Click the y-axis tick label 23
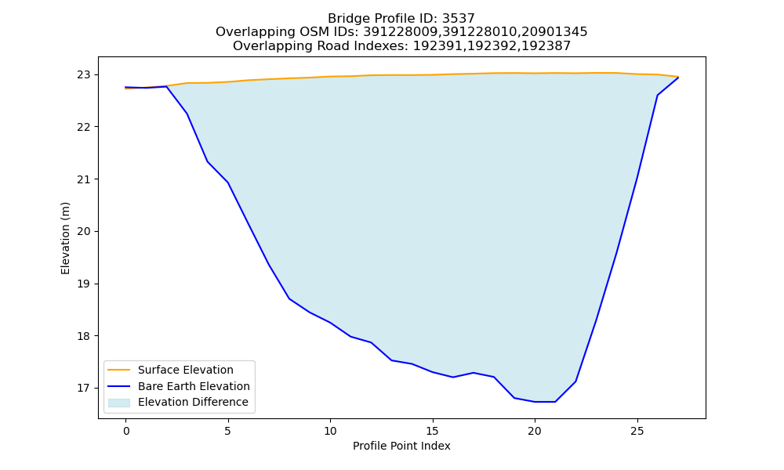point(84,75)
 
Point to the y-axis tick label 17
point(84,388)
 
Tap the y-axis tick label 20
point(84,231)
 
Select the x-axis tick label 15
point(433,431)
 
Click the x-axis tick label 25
point(637,431)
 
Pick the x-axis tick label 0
point(126,431)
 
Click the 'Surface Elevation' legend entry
point(186,370)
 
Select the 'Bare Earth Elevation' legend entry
point(194,386)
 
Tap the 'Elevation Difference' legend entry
point(193,402)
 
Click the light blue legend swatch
point(119,403)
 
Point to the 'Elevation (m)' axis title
point(65,238)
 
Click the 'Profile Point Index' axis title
point(401,446)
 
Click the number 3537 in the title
point(458,19)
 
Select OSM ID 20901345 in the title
point(554,32)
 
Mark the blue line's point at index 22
point(575,381)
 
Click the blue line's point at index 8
point(289,298)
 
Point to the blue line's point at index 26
point(658,95)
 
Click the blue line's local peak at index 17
point(474,373)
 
